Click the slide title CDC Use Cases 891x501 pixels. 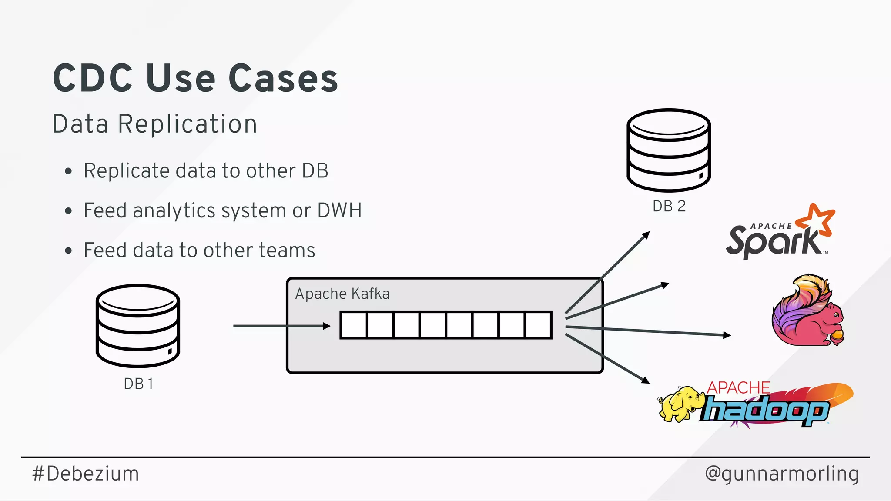pyautogui.click(x=195, y=78)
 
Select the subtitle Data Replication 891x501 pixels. pyautogui.click(x=154, y=124)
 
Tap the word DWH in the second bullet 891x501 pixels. pyautogui.click(x=339, y=210)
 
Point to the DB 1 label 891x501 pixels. pyautogui.click(x=138, y=384)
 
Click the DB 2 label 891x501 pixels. pyautogui.click(x=669, y=206)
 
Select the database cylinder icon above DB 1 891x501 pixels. pyautogui.click(x=138, y=326)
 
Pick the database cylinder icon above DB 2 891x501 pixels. pyautogui.click(x=669, y=150)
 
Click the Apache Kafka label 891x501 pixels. pyautogui.click(x=342, y=294)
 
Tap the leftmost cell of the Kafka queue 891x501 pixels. pyautogui.click(x=354, y=325)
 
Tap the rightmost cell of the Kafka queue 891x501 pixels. pyautogui.click(x=539, y=325)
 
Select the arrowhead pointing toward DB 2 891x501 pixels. pyautogui.click(x=646, y=235)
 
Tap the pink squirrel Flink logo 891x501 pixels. pyautogui.click(x=807, y=311)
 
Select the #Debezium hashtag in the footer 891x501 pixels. pyautogui.click(x=86, y=474)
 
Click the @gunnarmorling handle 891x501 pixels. pyautogui.click(x=782, y=474)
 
